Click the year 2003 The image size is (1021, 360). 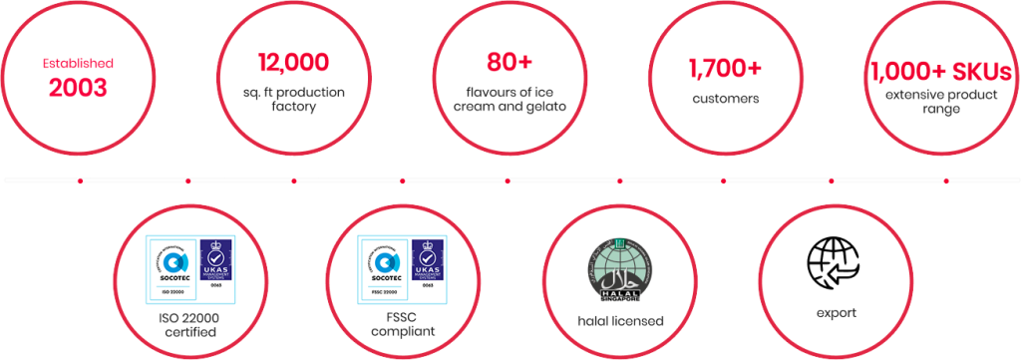78,87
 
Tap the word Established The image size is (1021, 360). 78,63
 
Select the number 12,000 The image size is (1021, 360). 293,63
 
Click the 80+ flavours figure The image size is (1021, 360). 509,63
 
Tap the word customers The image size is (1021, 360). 726,99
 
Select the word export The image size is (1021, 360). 832,313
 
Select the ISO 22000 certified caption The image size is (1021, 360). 188,324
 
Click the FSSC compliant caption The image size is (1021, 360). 403,324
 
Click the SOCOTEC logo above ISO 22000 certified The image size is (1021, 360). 171,264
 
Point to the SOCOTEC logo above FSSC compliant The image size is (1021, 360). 386,264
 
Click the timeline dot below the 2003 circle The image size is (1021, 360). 79,180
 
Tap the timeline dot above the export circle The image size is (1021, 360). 832,180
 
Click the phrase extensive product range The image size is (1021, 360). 941,102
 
